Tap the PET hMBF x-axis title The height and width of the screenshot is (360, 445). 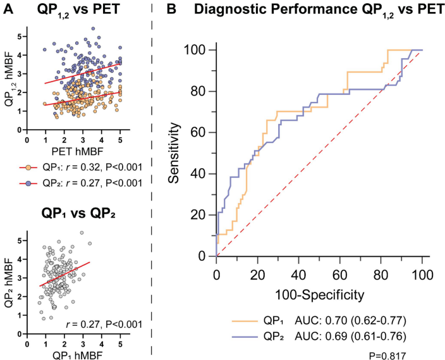[75, 152]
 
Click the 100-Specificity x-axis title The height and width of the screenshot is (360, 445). [319, 294]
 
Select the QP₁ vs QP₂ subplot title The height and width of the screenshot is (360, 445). [80, 213]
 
